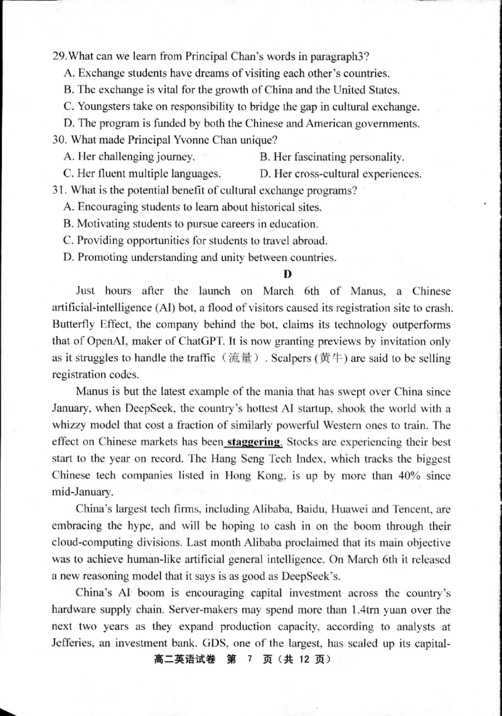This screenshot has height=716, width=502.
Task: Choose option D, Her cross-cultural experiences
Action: point(339,173)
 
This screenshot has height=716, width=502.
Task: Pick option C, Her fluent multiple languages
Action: point(142,173)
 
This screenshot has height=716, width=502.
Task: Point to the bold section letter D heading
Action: point(288,274)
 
